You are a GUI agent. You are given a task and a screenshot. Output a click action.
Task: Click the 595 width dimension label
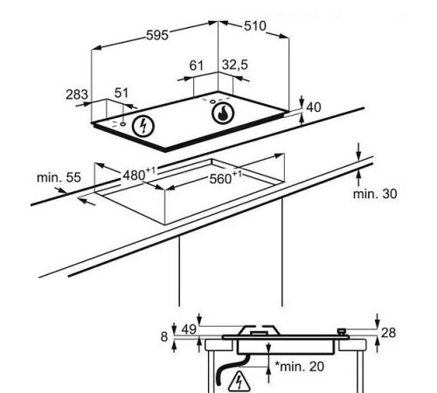coord(157,35)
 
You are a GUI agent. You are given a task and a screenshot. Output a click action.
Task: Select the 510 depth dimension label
coord(255,26)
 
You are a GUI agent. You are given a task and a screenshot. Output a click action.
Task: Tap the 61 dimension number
coord(197,65)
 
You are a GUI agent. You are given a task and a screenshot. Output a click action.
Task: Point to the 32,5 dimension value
coord(235,65)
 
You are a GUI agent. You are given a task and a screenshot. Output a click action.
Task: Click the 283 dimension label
coord(77,94)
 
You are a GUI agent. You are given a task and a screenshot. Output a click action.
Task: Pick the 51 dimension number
coord(121,93)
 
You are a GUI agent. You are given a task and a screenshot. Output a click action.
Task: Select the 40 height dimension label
coord(314,107)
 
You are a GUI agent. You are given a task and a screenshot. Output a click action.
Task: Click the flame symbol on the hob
coord(223,114)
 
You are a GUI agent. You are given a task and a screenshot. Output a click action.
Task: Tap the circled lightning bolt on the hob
coord(143,127)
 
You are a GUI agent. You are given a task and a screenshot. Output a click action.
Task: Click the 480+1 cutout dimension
coord(139,175)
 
